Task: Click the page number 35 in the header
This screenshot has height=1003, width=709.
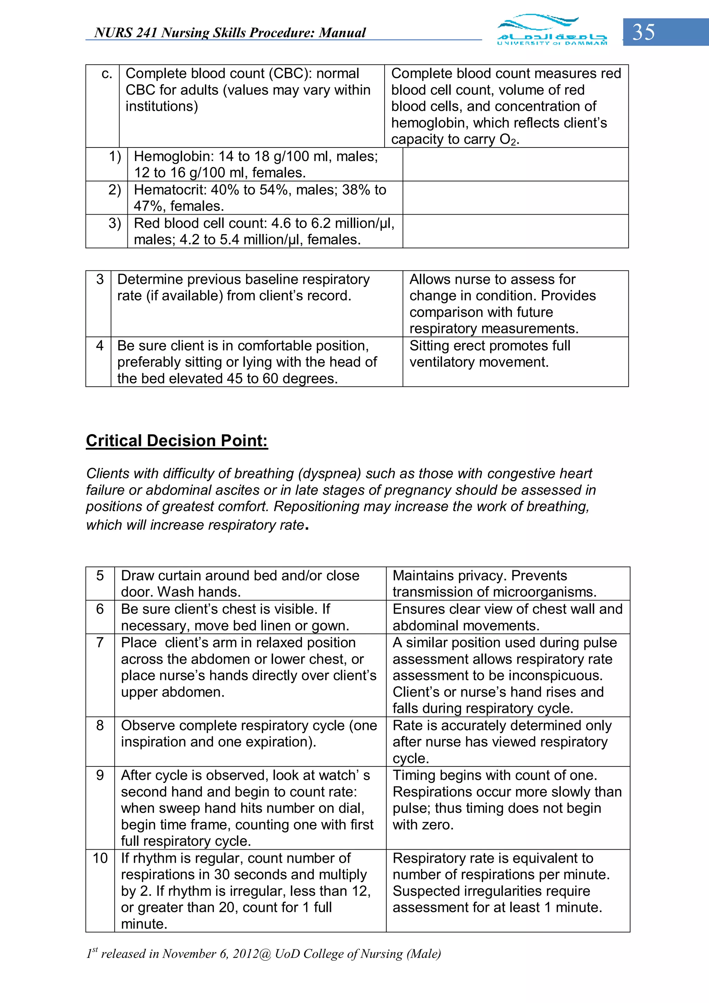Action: [644, 32]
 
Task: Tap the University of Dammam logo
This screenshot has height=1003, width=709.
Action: [552, 30]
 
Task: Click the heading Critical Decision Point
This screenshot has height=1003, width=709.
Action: [177, 440]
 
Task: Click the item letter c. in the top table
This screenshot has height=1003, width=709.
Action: [107, 74]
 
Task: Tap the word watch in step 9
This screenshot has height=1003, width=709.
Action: [339, 776]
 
